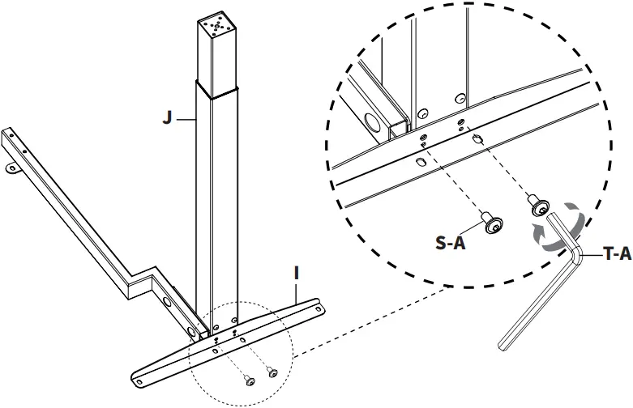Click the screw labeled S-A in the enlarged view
point(491,223)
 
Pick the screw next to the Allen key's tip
point(537,207)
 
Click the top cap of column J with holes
point(218,26)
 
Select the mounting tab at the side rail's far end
point(14,168)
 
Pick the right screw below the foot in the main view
point(272,373)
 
